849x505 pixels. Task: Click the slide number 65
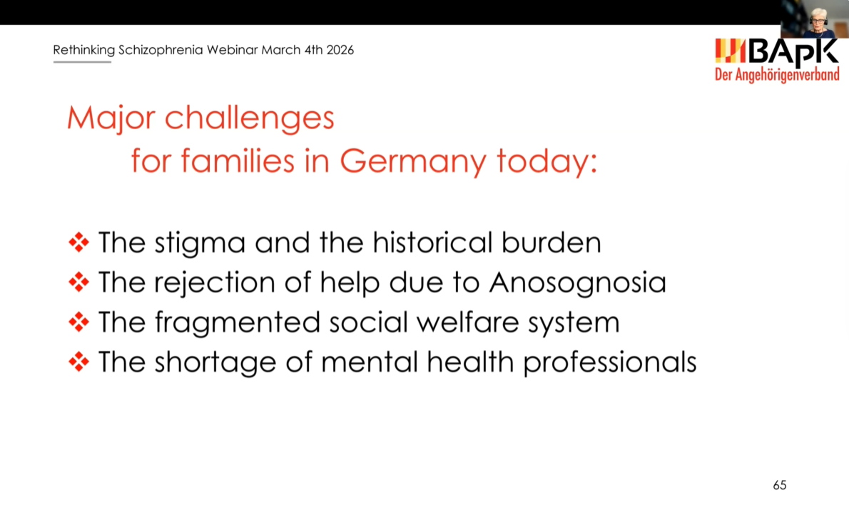click(780, 485)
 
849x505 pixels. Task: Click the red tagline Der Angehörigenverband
click(777, 75)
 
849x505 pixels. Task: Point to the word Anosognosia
click(578, 282)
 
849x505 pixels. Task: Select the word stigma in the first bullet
click(200, 243)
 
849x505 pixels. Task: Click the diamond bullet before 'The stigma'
click(79, 243)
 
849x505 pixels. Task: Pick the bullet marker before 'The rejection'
click(79, 282)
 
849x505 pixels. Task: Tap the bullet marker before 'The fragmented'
click(79, 322)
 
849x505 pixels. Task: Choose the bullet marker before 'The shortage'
click(79, 362)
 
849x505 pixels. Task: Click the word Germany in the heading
click(413, 162)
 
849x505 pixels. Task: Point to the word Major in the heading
click(111, 118)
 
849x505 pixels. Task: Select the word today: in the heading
click(547, 160)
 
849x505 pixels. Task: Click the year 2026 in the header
click(340, 50)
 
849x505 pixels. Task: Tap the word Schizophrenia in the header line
click(161, 50)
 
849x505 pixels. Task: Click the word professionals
click(610, 362)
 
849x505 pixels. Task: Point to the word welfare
click(467, 322)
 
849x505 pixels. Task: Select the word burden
click(551, 243)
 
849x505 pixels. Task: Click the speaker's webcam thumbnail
click(815, 19)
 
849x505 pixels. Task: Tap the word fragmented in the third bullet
click(238, 322)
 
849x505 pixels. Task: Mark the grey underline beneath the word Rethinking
click(82, 62)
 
